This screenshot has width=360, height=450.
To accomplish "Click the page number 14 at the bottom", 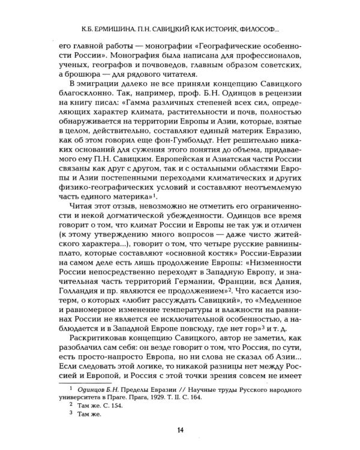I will pos(180,430).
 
